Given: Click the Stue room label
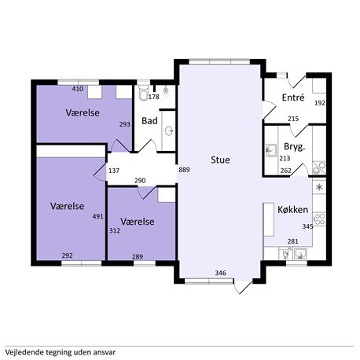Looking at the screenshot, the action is tap(220, 160).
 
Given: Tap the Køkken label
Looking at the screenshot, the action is tap(292, 210).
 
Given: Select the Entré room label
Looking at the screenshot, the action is tap(293, 97).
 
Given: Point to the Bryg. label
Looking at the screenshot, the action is tap(295, 147).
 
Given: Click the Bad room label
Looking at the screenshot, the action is tap(149, 121).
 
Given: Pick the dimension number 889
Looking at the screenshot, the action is tap(184, 170).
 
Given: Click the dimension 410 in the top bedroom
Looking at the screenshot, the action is tap(78, 89).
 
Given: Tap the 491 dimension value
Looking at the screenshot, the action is tap(97, 216).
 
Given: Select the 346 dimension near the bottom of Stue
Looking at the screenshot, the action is tap(220, 273).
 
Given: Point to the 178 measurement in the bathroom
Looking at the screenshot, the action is tap(154, 97).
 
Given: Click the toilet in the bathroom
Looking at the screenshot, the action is tap(143, 93).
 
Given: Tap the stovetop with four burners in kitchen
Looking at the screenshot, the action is tap(319, 219).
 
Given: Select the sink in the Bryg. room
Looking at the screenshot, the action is tap(270, 150).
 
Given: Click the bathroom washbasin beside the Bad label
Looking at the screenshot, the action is tap(169, 130).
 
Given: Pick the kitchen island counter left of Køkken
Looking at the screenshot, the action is tap(269, 219).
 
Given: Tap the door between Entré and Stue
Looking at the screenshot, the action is tap(269, 110).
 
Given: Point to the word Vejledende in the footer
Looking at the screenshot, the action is tap(21, 352).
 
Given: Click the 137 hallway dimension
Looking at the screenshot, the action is tap(114, 171).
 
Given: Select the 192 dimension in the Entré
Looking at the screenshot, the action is tap(320, 103).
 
